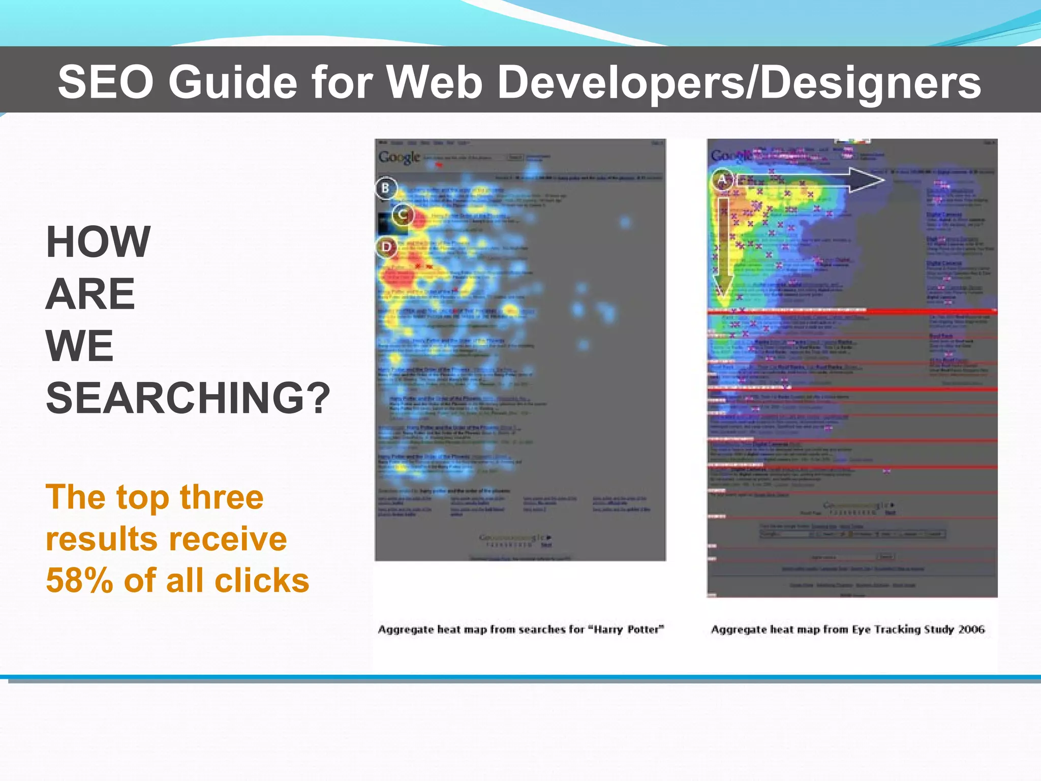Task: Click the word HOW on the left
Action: point(98,242)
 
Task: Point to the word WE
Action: point(80,346)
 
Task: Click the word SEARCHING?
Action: point(188,398)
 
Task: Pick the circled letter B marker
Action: point(386,188)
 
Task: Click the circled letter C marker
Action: point(403,215)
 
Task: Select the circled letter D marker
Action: point(387,248)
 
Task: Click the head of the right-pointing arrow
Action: point(867,180)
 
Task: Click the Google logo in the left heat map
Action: point(400,158)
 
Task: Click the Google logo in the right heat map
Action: point(731,156)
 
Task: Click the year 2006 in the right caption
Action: point(971,629)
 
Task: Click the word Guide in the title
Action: point(233,82)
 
